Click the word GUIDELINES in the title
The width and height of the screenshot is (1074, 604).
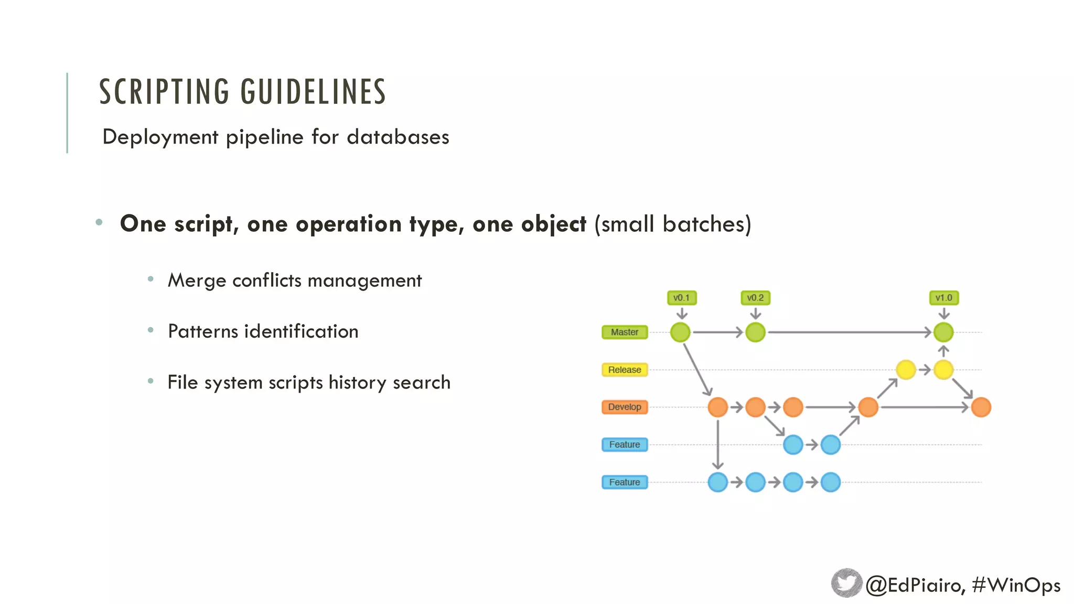click(313, 92)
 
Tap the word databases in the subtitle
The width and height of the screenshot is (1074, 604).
click(398, 137)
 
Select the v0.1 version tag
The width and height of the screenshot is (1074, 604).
click(681, 298)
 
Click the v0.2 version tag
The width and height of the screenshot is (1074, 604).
click(755, 298)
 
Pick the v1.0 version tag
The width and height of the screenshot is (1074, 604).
click(943, 298)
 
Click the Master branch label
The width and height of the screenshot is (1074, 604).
click(625, 332)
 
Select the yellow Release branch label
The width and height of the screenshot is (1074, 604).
click(625, 370)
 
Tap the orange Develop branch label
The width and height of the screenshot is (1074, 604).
click(625, 407)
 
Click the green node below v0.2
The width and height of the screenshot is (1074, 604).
click(755, 332)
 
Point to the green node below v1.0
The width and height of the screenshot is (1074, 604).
click(943, 332)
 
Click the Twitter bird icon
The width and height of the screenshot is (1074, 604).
click(846, 583)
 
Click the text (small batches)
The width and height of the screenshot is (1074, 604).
click(673, 224)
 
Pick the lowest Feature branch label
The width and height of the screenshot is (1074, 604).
click(625, 482)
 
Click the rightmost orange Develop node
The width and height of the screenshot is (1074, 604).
click(981, 407)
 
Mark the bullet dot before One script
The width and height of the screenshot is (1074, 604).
click(99, 222)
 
